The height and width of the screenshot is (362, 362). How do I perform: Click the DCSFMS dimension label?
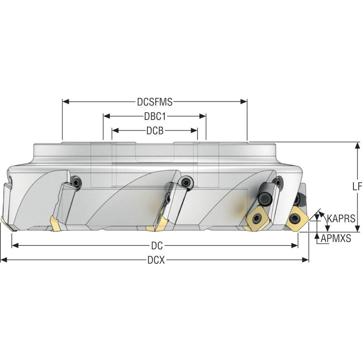tap(155, 101)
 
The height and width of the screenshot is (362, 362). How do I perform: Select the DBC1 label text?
tap(155, 116)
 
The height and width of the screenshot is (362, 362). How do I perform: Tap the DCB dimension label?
tap(155, 131)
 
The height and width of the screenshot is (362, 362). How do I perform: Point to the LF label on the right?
tap(357, 186)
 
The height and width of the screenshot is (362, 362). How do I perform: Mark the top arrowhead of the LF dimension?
tap(357, 146)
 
